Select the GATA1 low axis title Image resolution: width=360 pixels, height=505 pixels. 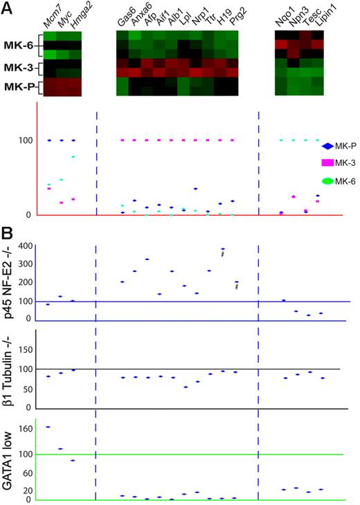pos(9,458)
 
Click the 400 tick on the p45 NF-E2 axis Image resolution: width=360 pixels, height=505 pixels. pos(26,246)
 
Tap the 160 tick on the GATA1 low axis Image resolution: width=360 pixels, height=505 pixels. pos(26,429)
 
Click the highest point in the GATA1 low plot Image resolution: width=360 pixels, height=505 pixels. pos(48,427)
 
